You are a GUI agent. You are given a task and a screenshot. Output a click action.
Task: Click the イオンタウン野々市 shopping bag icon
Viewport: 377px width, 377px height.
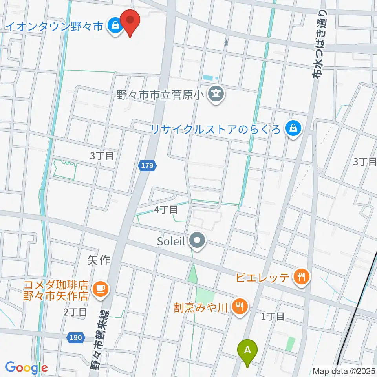(115, 26)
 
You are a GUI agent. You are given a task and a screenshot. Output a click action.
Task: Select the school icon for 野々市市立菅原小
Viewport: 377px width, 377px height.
(215, 95)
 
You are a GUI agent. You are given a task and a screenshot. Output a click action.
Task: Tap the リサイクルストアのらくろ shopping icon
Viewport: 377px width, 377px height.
(293, 128)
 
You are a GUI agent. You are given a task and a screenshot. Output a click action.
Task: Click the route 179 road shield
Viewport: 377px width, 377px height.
(147, 166)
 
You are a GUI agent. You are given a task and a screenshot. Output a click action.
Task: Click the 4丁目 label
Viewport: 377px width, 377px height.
(166, 210)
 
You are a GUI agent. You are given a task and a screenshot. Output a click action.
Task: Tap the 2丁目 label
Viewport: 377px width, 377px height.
(75, 312)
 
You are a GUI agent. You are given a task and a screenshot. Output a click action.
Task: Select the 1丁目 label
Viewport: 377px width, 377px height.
(273, 316)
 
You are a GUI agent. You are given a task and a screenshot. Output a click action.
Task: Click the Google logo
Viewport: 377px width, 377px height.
(26, 368)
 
